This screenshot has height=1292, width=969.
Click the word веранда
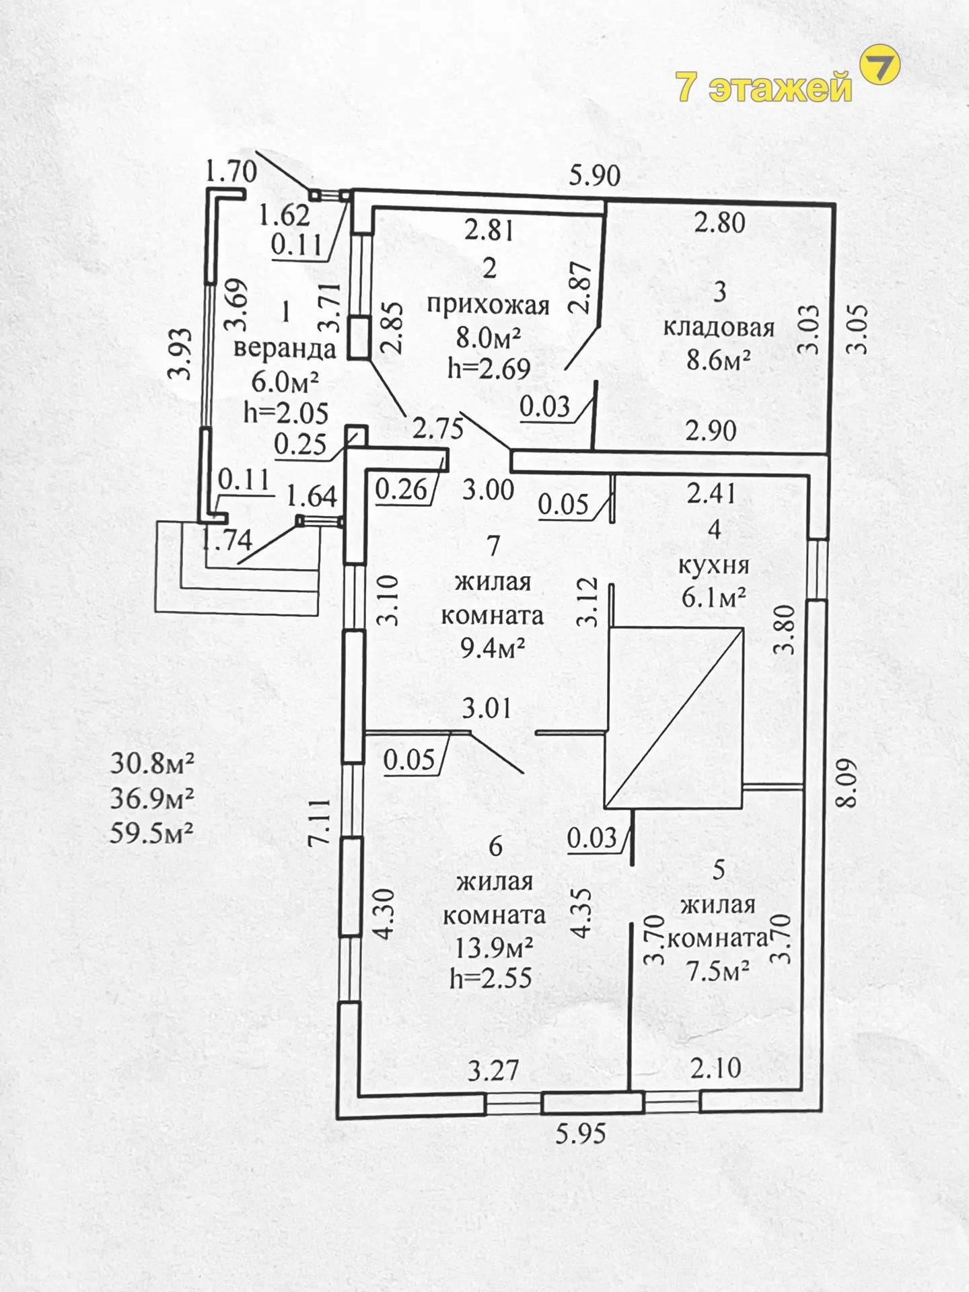tap(285, 349)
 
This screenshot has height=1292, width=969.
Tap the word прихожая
tap(489, 305)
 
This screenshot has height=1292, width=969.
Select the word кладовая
tap(719, 328)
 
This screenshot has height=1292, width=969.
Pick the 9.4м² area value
tap(492, 648)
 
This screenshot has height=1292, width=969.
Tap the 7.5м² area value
tap(717, 971)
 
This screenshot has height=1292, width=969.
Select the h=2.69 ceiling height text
tap(489, 368)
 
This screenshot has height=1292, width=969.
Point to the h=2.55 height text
tap(491, 978)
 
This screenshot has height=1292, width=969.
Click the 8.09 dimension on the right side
tap(846, 783)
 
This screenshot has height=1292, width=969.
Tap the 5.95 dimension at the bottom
tap(581, 1134)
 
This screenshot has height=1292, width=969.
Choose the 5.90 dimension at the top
tap(594, 176)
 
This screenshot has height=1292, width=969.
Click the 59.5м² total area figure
tap(152, 834)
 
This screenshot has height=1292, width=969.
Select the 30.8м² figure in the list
tap(152, 764)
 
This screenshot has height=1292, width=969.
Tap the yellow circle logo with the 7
tap(880, 65)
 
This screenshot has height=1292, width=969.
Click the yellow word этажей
tap(781, 87)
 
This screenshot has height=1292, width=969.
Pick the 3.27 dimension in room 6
tap(493, 1071)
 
